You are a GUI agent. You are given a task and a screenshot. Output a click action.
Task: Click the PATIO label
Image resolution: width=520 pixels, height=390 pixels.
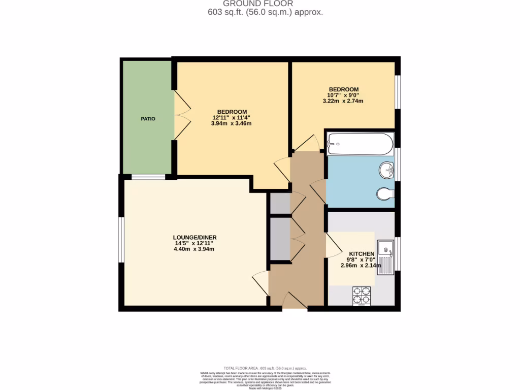(x=148, y=119)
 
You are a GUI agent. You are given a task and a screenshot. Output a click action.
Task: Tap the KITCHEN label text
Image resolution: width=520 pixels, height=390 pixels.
(x=361, y=254)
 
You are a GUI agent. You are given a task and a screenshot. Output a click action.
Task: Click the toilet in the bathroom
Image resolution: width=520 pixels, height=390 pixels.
(x=385, y=193)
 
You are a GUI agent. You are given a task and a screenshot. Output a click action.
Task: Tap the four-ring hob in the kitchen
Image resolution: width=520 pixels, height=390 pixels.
(x=362, y=295)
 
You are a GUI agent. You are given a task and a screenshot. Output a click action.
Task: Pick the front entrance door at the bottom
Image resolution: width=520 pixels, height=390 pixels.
(x=295, y=300)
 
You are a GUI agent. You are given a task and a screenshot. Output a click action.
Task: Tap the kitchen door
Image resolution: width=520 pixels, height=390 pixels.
(x=333, y=245)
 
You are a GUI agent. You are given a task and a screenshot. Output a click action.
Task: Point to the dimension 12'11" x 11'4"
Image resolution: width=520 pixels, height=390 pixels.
(x=232, y=118)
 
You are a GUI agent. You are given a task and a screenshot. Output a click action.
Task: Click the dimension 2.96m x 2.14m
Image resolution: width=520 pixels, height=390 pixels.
(x=361, y=265)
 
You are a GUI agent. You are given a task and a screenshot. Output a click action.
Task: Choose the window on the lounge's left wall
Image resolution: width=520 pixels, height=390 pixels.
(x=121, y=240)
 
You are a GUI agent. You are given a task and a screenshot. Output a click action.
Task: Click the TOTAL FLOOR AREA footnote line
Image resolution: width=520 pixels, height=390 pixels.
(x=265, y=368)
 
